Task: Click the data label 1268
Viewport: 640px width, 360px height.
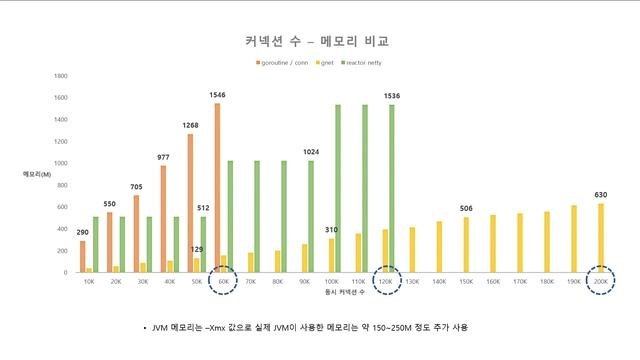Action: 190,125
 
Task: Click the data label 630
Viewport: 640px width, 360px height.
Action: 601,195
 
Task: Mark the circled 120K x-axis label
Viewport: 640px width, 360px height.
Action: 386,281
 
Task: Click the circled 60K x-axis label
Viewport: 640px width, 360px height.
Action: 225,281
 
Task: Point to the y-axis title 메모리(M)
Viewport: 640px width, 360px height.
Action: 37,174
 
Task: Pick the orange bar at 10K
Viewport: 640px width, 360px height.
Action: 83,256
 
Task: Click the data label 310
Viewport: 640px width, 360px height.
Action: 331,230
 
